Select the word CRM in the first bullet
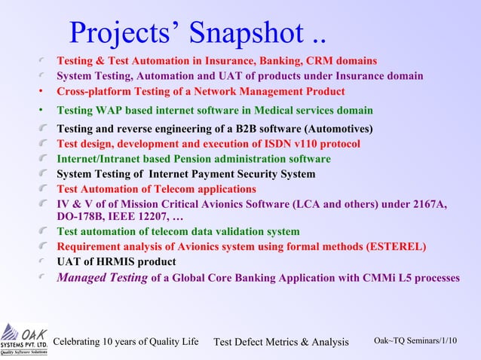[x=313, y=59]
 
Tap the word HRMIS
[x=106, y=262]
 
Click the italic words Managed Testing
[x=103, y=277]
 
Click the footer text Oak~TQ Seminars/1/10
[x=415, y=341]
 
